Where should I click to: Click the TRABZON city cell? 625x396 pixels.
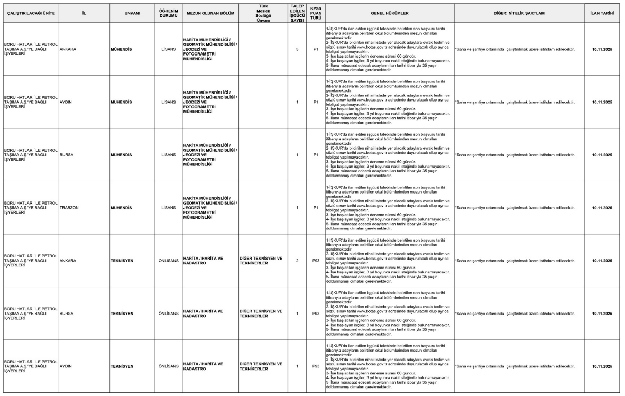70,208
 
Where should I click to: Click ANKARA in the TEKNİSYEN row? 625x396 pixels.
69,261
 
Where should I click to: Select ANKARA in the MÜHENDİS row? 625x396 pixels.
69,49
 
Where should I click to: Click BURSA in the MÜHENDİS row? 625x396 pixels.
67,155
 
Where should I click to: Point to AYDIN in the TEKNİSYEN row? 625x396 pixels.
66,366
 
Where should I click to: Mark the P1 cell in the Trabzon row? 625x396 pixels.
315,208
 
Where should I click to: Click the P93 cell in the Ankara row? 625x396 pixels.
315,261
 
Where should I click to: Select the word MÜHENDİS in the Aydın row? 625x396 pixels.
122,102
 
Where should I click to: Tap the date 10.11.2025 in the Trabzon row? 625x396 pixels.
602,208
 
